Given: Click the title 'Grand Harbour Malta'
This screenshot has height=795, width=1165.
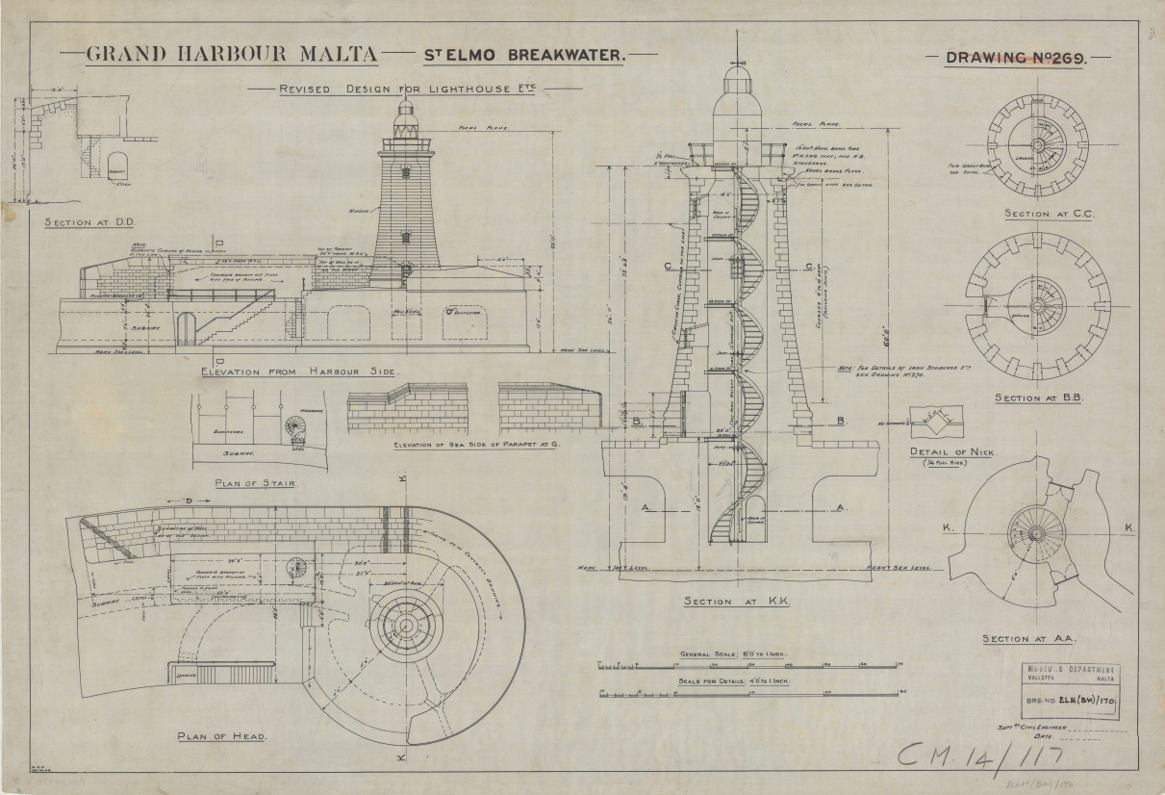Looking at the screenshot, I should (232, 54).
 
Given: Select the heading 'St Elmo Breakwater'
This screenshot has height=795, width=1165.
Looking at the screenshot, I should (525, 56).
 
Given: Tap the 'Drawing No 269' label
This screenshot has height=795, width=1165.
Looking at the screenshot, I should (1016, 58).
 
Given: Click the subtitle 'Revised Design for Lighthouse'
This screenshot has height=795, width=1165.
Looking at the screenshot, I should (407, 90).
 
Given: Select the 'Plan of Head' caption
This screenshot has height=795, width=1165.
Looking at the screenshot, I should (222, 736).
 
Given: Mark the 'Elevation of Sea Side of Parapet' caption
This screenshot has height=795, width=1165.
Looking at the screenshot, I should (477, 446).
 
